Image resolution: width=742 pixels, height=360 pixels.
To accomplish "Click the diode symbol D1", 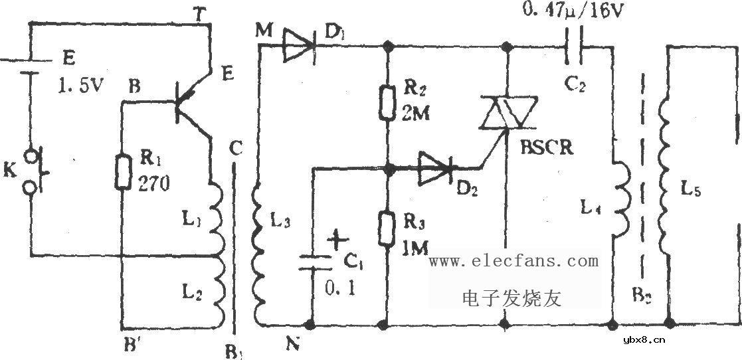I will coord(298,46).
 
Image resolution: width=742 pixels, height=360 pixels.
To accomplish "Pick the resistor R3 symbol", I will coord(386,228).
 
